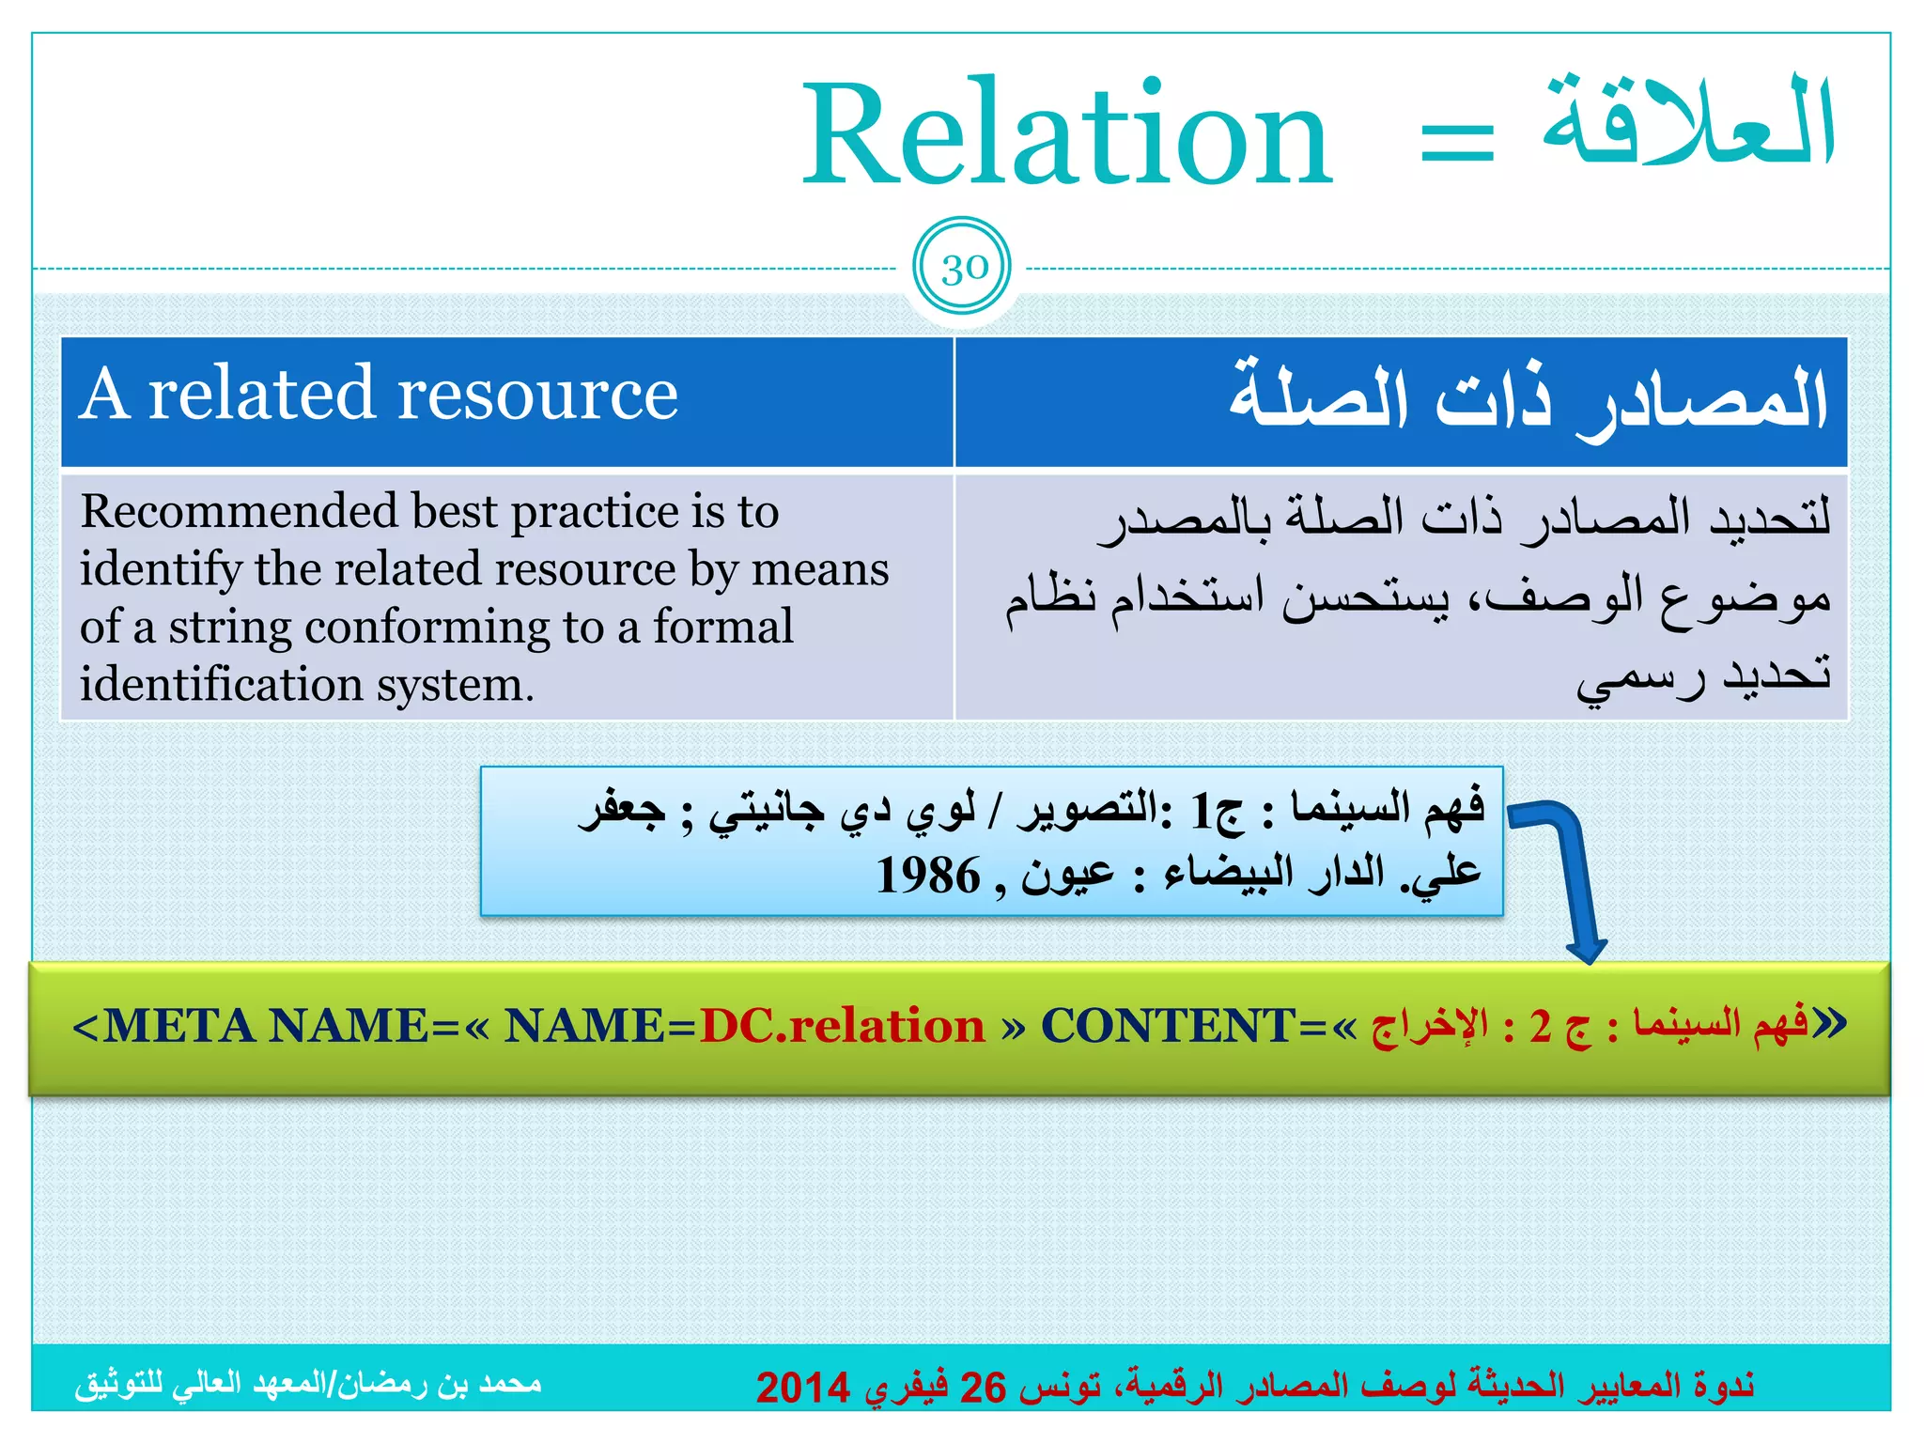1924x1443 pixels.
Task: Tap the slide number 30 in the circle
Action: [x=963, y=269]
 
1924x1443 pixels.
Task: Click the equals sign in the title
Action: [x=1457, y=143]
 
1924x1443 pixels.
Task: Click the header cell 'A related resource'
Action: [x=379, y=395]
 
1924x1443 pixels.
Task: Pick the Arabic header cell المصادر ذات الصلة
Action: [x=1528, y=399]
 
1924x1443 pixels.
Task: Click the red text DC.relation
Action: [x=843, y=1025]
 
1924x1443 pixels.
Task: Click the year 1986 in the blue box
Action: [x=928, y=876]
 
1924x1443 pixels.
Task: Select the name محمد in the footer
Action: [x=510, y=1384]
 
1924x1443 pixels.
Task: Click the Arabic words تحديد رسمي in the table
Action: [x=1702, y=676]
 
